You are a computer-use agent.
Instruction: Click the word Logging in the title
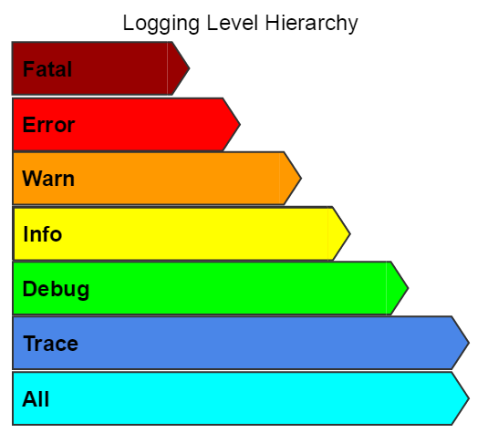coord(161,24)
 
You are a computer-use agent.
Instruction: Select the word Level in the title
coord(233,23)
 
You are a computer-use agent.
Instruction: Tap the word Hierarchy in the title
coord(312,24)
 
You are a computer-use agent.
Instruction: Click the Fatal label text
coord(47,68)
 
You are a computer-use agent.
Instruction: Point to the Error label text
coord(48,125)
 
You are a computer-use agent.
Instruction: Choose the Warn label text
coord(48,179)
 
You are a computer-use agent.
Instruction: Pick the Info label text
coord(43,234)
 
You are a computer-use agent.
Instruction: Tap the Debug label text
coord(56,290)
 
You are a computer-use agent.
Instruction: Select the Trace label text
coord(51,344)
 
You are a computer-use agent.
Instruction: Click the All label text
coord(36,399)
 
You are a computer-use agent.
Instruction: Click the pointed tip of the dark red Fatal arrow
coord(189,68)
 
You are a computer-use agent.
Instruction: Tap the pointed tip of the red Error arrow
coord(240,125)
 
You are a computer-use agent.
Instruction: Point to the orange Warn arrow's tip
coord(301,179)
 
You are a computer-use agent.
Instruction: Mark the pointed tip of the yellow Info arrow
coord(350,233)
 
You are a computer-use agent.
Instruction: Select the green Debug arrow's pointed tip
coord(408,288)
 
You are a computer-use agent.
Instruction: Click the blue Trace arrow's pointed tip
coord(469,343)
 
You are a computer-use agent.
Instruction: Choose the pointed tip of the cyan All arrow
coord(469,398)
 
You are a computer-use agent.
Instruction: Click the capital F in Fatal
coord(28,68)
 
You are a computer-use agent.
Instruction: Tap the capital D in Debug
coord(30,289)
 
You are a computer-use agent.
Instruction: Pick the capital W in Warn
coord(33,179)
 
